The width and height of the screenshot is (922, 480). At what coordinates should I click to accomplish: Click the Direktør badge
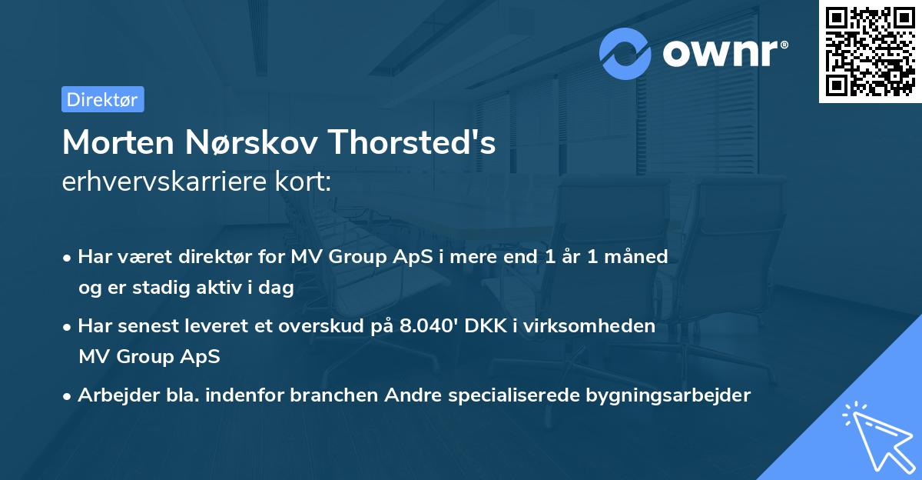(102, 99)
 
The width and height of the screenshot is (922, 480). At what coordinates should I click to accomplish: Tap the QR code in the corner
(871, 51)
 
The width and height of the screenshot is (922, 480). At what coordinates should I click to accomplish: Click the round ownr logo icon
(626, 53)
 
